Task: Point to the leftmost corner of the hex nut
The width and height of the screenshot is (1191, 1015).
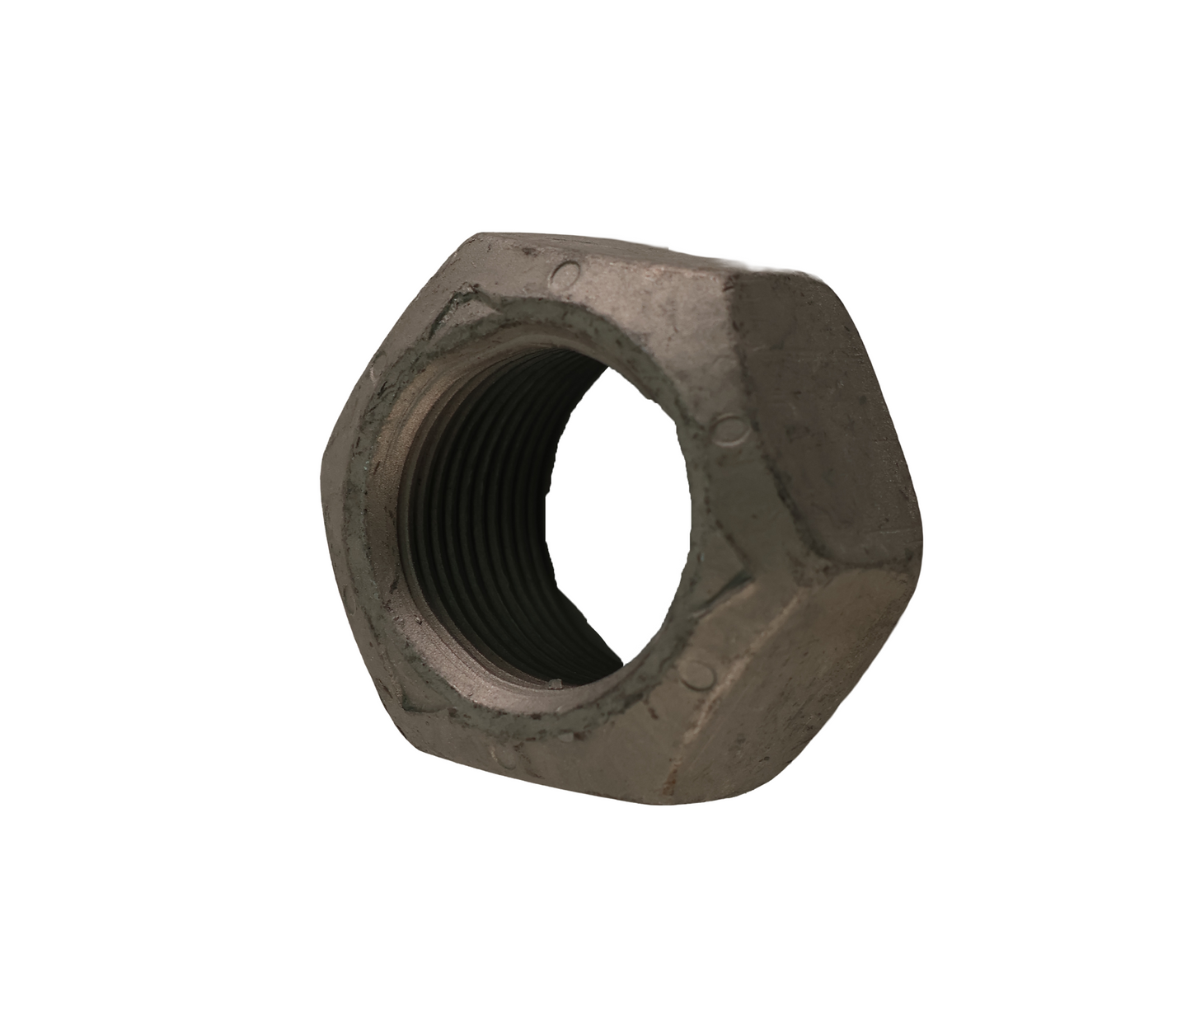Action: [322, 474]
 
